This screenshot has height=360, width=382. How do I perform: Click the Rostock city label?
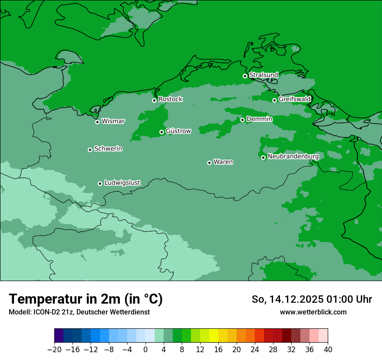click(170, 99)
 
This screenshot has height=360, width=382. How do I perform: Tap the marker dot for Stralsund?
click(245, 76)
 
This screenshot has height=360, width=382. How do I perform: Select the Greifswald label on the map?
click(294, 99)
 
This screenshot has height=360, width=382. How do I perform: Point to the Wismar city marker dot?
click(97, 122)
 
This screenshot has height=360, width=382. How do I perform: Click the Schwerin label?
click(108, 149)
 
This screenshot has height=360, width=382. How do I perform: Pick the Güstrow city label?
click(178, 131)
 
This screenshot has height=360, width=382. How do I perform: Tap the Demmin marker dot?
click(242, 120)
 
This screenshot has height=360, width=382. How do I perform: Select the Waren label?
click(223, 162)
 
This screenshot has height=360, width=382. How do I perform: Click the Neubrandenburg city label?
click(293, 157)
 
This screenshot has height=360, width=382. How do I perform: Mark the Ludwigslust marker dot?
click(100, 183)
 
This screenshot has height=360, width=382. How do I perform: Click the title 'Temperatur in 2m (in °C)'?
click(86, 299)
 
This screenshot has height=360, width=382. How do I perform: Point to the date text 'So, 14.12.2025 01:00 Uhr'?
click(312, 299)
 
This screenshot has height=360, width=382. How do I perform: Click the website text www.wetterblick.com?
click(313, 312)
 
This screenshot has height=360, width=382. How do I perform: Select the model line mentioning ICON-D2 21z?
click(79, 312)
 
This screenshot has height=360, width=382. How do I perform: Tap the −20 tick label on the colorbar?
click(54, 350)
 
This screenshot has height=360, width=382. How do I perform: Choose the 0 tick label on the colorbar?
click(145, 350)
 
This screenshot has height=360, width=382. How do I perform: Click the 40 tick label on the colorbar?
click(328, 350)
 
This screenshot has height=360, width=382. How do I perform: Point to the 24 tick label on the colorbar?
click(255, 350)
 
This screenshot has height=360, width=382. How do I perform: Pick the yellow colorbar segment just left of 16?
click(214, 336)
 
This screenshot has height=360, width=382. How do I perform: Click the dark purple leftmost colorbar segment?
click(59, 336)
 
